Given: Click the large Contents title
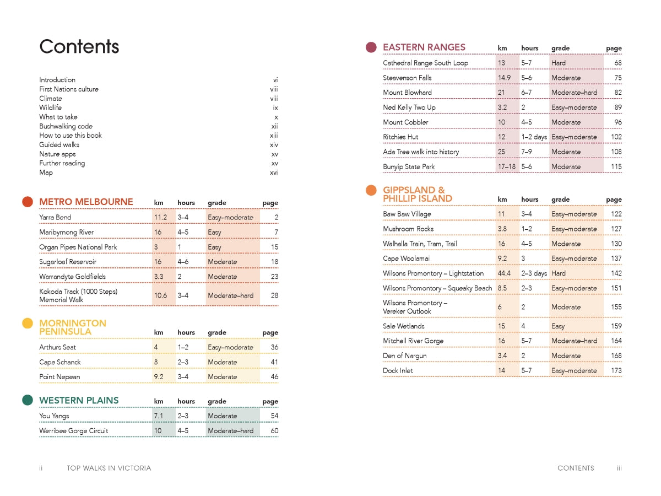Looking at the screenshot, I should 79,46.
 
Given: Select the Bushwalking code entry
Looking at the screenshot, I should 66,126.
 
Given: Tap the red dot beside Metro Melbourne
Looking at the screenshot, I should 28,202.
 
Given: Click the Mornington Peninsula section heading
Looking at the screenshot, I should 73,327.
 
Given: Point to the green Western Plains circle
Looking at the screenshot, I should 28,400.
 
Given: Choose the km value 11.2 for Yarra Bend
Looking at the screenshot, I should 160,217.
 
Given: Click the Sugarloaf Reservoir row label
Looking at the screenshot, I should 68,262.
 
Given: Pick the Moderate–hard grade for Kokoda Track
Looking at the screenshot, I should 230,295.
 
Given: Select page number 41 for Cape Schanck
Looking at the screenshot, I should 274,362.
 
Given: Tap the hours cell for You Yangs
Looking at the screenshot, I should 183,416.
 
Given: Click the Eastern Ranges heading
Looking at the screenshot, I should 424,47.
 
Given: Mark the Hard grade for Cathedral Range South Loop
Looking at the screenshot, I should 559,63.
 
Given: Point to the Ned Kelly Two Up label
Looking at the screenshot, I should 409,107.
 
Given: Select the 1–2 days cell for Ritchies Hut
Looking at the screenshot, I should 534,137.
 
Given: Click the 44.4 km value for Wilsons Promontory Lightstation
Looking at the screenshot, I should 504,273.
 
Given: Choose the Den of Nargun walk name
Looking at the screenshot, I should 405,355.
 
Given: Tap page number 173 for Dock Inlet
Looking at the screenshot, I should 616,370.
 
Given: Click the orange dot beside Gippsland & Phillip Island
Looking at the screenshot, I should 371,191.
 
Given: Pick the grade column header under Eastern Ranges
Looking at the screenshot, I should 560,48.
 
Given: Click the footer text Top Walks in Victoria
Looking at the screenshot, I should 109,468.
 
